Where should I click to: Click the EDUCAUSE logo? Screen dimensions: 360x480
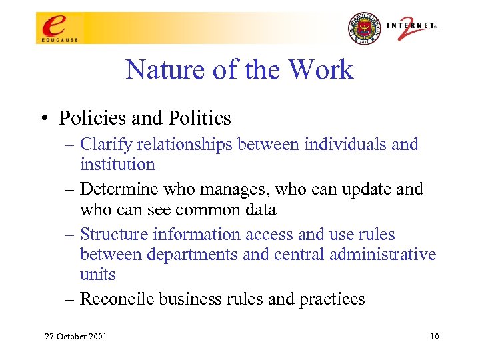59,29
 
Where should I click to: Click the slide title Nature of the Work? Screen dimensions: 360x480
239,70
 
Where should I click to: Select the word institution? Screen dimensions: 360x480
117,164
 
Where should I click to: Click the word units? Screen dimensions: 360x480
97,275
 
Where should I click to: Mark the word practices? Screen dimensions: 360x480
332,299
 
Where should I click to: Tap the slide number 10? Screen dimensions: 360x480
434,336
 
